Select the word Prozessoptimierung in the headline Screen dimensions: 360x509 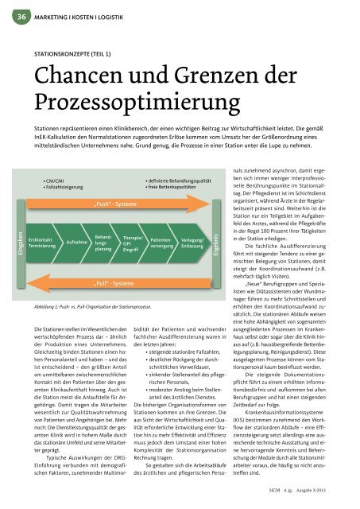coord(122,101)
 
